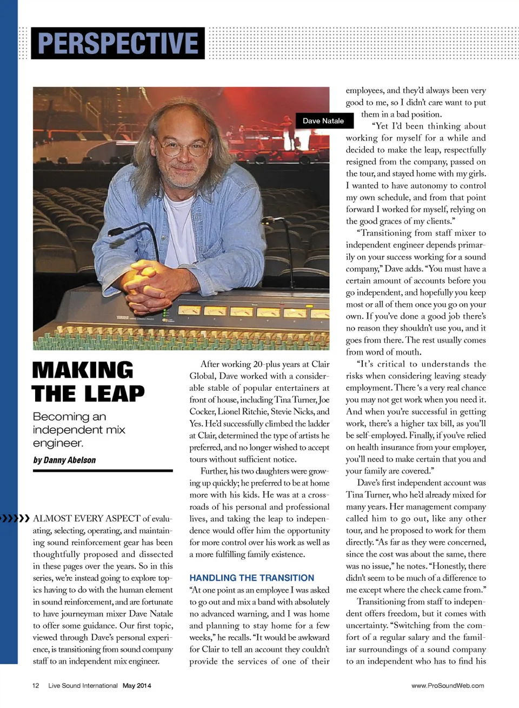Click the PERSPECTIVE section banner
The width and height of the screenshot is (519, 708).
118,43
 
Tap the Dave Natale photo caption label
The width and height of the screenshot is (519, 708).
323,121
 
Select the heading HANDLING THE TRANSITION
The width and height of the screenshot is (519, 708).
251,578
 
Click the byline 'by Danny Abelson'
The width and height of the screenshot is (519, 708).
64,460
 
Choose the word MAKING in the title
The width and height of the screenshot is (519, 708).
83,370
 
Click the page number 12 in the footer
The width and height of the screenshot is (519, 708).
36,685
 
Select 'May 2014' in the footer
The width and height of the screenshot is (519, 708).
137,685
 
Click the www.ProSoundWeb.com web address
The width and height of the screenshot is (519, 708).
448,685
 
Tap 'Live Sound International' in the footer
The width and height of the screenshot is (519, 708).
83,685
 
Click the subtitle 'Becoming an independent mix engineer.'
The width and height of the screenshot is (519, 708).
79,430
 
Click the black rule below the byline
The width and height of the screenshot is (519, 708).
103,471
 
